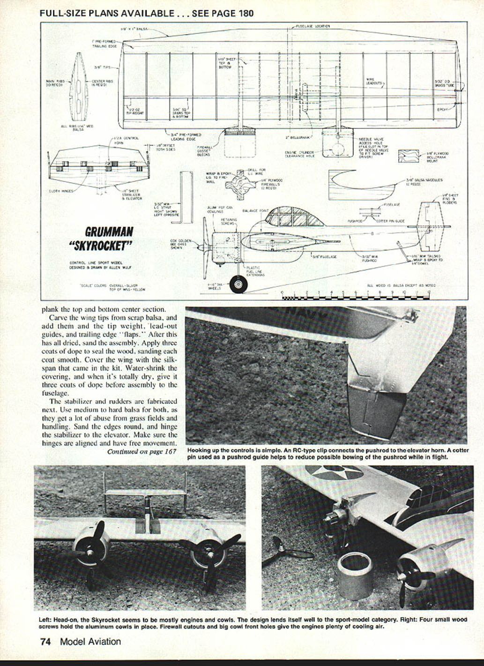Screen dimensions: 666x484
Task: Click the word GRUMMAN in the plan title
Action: pos(109,232)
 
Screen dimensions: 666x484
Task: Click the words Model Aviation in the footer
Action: pos(90,642)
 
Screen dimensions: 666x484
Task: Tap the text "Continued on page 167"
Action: pos(141,452)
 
